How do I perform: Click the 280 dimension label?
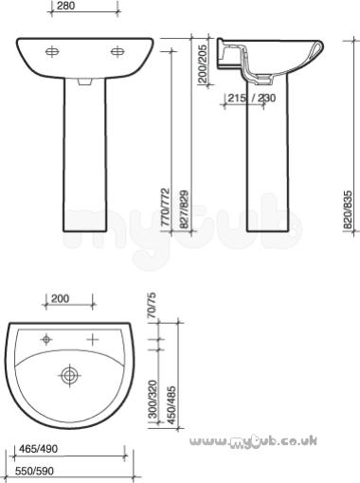pyautogui.click(x=66, y=6)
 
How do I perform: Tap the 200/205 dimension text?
pyautogui.click(x=204, y=64)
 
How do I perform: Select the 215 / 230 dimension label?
pyautogui.click(x=252, y=98)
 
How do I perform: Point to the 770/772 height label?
pyautogui.click(x=166, y=207)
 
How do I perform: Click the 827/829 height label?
pyautogui.click(x=184, y=209)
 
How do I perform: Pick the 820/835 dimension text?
pyautogui.click(x=348, y=209)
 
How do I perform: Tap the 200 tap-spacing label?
pyautogui.click(x=60, y=298)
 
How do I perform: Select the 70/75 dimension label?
pyautogui.click(x=152, y=306)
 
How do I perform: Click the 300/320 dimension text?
pyautogui.click(x=153, y=400)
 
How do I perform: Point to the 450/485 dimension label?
pyautogui.click(x=171, y=405)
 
